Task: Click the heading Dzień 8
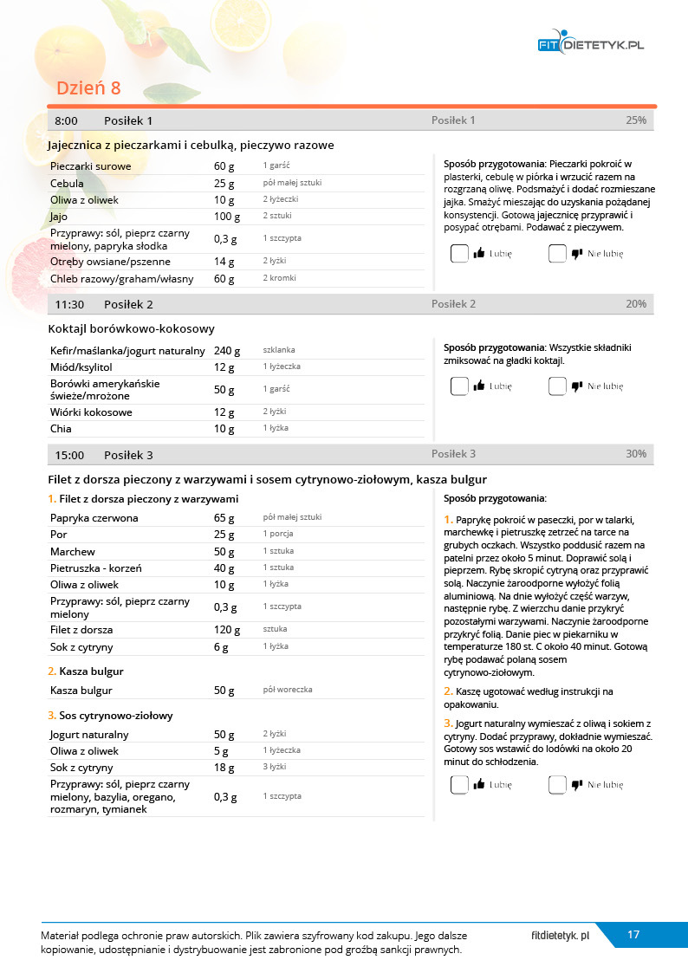click(x=88, y=88)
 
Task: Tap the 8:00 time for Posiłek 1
click(x=66, y=120)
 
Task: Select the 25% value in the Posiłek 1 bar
click(x=635, y=120)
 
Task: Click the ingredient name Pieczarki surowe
click(x=91, y=165)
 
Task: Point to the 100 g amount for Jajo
click(x=227, y=217)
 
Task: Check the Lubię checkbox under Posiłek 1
click(x=459, y=254)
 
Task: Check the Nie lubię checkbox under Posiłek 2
click(x=557, y=386)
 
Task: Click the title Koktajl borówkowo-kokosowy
click(x=132, y=328)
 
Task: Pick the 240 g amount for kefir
click(x=227, y=351)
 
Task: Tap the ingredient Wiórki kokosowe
click(x=91, y=412)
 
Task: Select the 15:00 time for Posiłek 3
click(x=69, y=455)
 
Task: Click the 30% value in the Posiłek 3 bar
click(x=635, y=454)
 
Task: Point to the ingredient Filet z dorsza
click(x=81, y=630)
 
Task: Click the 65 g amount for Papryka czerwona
click(x=224, y=518)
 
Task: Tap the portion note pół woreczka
click(x=288, y=690)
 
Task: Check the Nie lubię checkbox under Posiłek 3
click(x=557, y=785)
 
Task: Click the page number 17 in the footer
click(x=633, y=934)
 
